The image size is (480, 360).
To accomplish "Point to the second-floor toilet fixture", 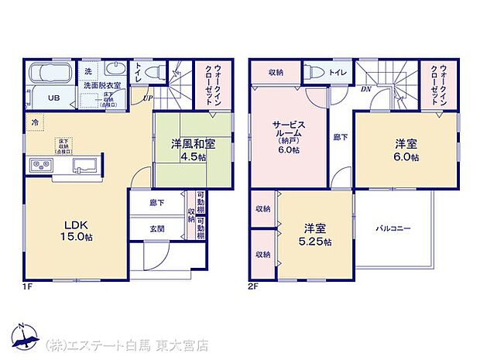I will point(316,71).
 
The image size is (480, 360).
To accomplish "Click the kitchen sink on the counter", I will point(85,166).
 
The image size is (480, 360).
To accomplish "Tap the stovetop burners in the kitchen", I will point(39,166).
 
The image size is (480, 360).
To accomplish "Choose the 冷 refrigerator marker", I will point(35,122).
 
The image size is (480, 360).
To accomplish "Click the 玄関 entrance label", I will point(157,228).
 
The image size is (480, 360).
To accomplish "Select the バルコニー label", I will point(393,228).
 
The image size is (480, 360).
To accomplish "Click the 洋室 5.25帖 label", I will point(317,235).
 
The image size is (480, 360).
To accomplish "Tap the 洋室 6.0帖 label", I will point(405,149).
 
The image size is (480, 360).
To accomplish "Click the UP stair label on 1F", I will point(146,98).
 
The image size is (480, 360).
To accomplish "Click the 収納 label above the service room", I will point(276,71).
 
